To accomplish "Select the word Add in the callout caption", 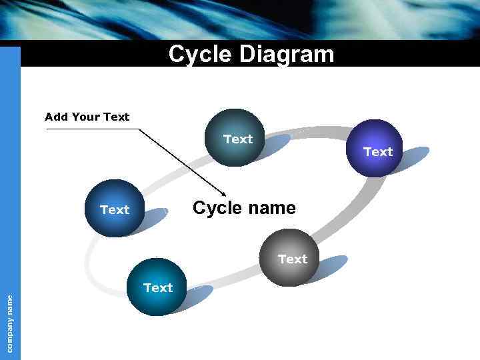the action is coord(56,117).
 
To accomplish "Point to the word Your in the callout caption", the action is coord(85,117).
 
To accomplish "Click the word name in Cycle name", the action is coord(271,208).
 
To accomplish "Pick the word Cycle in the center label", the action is coord(217,208).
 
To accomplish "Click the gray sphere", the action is coord(287,257).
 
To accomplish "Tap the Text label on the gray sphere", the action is coord(293,259).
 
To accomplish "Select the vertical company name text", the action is coord(10,323).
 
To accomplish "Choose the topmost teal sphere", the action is coord(235,137).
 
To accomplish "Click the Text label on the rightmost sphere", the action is coord(378,152).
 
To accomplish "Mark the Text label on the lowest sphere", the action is coord(158,287).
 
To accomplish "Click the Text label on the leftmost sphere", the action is coord(115,210).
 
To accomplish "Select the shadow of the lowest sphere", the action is coord(199,296).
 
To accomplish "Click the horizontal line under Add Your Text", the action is coord(93,129).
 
